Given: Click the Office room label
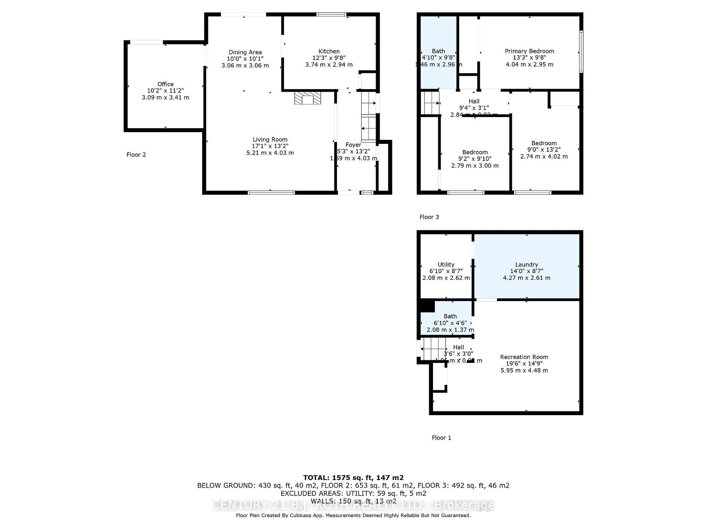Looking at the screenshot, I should pyautogui.click(x=165, y=84).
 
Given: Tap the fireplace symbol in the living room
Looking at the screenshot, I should pyautogui.click(x=307, y=98).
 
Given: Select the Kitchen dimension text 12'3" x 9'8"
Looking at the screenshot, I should pyautogui.click(x=329, y=58).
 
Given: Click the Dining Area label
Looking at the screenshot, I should pyautogui.click(x=245, y=52).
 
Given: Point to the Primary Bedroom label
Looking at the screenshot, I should pyautogui.click(x=529, y=51).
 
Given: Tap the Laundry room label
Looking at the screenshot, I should pyautogui.click(x=527, y=264).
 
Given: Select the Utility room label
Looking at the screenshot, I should pyautogui.click(x=446, y=264).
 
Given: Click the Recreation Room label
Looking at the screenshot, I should pyautogui.click(x=524, y=357).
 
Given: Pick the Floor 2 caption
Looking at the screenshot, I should pyautogui.click(x=136, y=155).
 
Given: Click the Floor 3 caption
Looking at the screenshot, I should pyautogui.click(x=429, y=217).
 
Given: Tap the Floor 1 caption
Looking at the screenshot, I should pyautogui.click(x=441, y=438).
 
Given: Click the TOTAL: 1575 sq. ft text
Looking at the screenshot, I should pyautogui.click(x=353, y=478).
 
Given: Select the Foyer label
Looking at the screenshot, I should pyautogui.click(x=353, y=145).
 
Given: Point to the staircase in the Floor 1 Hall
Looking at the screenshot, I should pyautogui.click(x=434, y=349).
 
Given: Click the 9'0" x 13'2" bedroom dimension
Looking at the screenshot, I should pyautogui.click(x=544, y=150).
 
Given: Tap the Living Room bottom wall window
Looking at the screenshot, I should pyautogui.click(x=271, y=192).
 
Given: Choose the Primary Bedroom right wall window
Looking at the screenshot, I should pyautogui.click(x=581, y=52).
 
